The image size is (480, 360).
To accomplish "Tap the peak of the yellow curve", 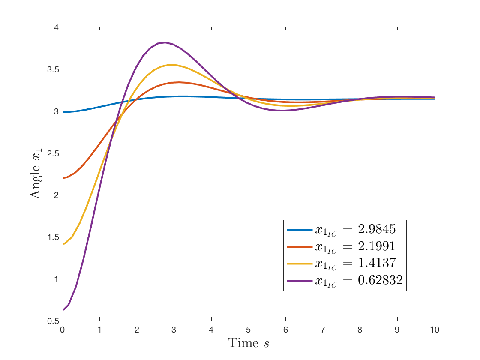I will coord(171,65).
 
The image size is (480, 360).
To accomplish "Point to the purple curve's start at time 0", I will coord(63,310).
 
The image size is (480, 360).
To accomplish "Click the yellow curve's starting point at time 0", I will coord(63,244).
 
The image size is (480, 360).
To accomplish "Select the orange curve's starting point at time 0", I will coord(63,178).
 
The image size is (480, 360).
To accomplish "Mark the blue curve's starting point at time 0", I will coord(63,112).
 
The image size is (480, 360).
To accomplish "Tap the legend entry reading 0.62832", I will coord(358,280).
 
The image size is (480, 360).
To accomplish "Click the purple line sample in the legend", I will coord(300,281).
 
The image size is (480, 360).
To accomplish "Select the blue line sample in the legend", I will coord(300,230).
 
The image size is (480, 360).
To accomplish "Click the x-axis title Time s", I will coord(249,343).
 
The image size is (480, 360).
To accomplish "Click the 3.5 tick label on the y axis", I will coord(53,69).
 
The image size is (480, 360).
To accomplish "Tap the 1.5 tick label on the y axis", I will coord(53,237).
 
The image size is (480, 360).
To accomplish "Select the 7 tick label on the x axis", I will coord(323,330).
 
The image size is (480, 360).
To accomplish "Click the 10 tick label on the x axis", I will coord(434,330).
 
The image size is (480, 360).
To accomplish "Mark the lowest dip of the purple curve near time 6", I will coord(281,111).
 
